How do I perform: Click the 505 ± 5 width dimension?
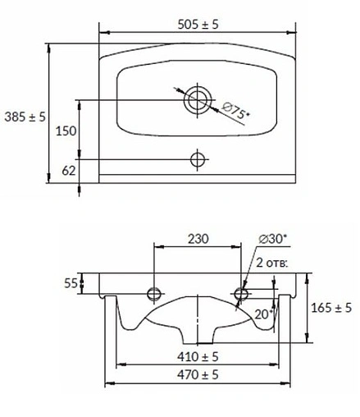coord(196,25)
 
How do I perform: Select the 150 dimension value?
coord(67,130)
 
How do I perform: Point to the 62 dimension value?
coord(69,171)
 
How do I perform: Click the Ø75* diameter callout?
coord(235,110)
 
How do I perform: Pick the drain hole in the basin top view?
coord(197,101)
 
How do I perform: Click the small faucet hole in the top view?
coord(197,158)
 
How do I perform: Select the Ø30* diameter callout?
coord(272,238)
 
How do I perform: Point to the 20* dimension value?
coord(263,313)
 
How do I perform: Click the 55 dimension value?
coord(71,283)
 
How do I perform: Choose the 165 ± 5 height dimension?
coord(331,307)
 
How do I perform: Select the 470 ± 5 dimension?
coord(197,374)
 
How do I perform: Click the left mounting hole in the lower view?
coord(153,293)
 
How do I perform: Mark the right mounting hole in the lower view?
coord(241,293)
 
